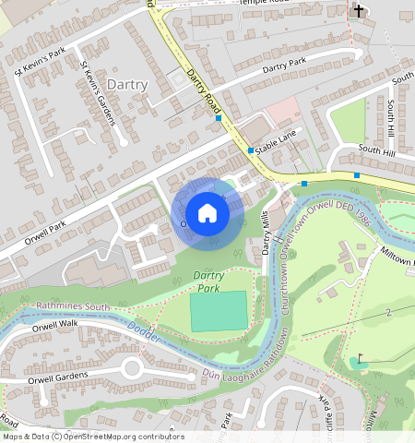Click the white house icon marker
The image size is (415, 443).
point(207,213)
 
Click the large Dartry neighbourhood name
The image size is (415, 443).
point(127,84)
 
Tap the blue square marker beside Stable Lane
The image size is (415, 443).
point(251,150)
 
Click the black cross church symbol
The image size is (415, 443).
point(359,11)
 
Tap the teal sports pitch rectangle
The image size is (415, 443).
point(219,311)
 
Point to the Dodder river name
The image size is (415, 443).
point(148,333)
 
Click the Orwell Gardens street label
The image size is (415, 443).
point(58,377)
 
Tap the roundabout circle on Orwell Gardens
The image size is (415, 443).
point(131,368)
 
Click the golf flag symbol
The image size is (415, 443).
point(360,360)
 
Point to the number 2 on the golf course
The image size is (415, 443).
point(389,315)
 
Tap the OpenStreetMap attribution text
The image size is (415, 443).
point(92,437)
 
